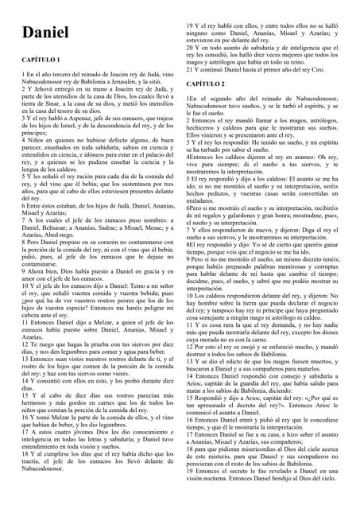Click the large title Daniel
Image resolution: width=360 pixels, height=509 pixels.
click(45, 33)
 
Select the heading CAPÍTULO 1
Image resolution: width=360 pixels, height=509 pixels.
click(40, 60)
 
